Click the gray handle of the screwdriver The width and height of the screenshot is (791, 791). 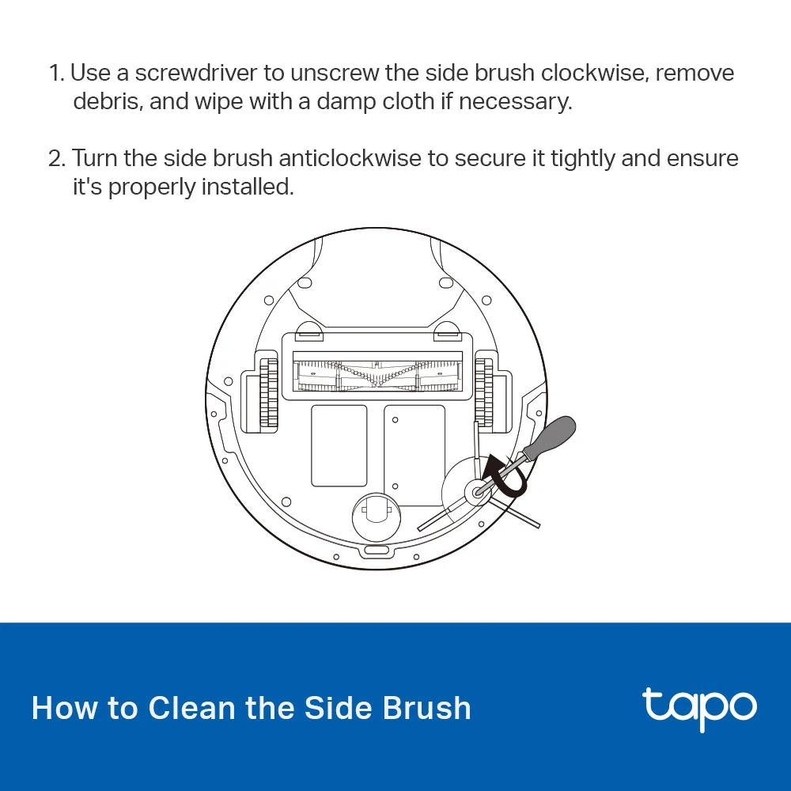(x=552, y=437)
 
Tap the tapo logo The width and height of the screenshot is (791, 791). (x=698, y=707)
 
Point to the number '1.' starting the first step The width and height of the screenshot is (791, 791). (x=56, y=73)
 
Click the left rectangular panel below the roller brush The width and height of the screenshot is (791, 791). (x=339, y=445)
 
